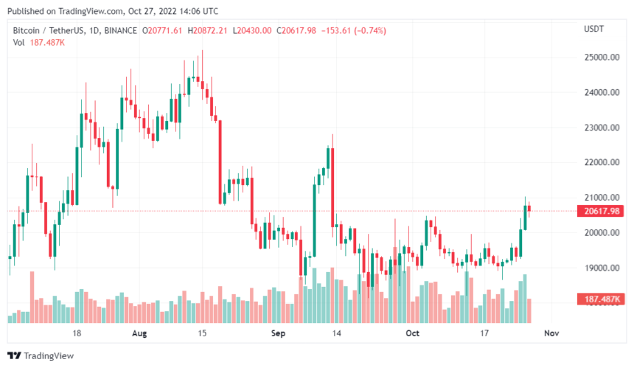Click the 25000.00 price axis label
pos(601,58)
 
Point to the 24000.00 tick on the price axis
pos(601,93)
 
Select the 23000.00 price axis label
pos(601,128)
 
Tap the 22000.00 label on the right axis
pos(601,163)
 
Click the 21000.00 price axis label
pos(601,198)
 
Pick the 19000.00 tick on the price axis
pos(601,268)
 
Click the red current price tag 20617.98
pos(601,211)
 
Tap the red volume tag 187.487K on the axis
pos(601,299)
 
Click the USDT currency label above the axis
pos(594,29)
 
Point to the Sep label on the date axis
pos(277,333)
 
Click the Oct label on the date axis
pos(413,333)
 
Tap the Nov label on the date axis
pos(550,333)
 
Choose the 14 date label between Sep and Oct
pos(336,333)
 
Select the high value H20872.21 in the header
pos(209,30)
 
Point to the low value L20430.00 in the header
pos(251,30)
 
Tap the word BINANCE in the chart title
pos(121,30)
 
